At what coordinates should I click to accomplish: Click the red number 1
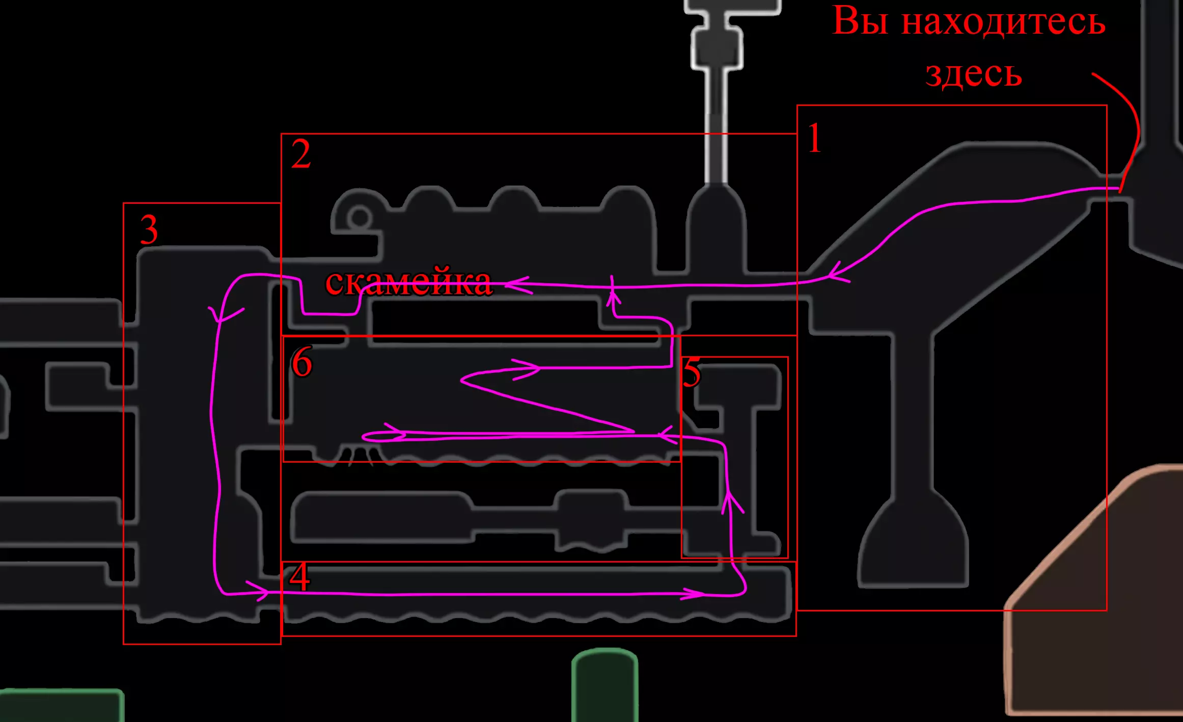pyautogui.click(x=815, y=138)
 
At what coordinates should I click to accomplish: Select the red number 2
pyautogui.click(x=301, y=154)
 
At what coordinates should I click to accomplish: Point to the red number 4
pyautogui.click(x=299, y=577)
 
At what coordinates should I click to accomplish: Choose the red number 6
pyautogui.click(x=301, y=362)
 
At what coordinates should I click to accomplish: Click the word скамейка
pyautogui.click(x=408, y=282)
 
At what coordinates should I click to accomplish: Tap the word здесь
pyautogui.click(x=973, y=74)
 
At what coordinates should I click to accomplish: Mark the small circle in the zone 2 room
pyautogui.click(x=360, y=218)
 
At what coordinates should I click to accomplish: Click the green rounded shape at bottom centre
pyautogui.click(x=604, y=685)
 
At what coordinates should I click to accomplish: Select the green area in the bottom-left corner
pyautogui.click(x=61, y=706)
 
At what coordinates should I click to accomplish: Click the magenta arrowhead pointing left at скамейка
pyautogui.click(x=517, y=285)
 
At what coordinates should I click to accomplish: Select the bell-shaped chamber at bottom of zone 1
pyautogui.click(x=913, y=550)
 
